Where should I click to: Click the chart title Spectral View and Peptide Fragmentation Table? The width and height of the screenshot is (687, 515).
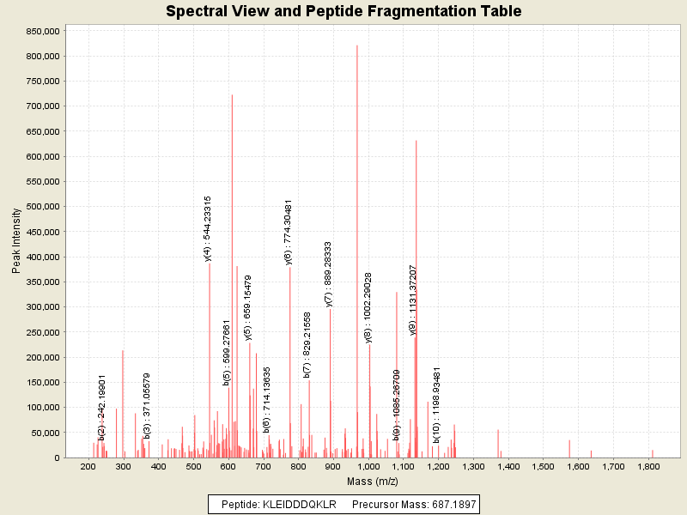tap(343, 11)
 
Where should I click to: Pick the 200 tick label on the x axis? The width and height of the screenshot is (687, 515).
tap(88, 466)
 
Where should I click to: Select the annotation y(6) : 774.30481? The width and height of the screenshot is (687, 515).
tap(289, 232)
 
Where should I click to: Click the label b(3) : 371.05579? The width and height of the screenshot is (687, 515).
tap(147, 406)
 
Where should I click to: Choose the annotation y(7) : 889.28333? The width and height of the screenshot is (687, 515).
tap(328, 273)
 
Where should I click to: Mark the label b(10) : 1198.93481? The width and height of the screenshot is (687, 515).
tap(436, 405)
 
